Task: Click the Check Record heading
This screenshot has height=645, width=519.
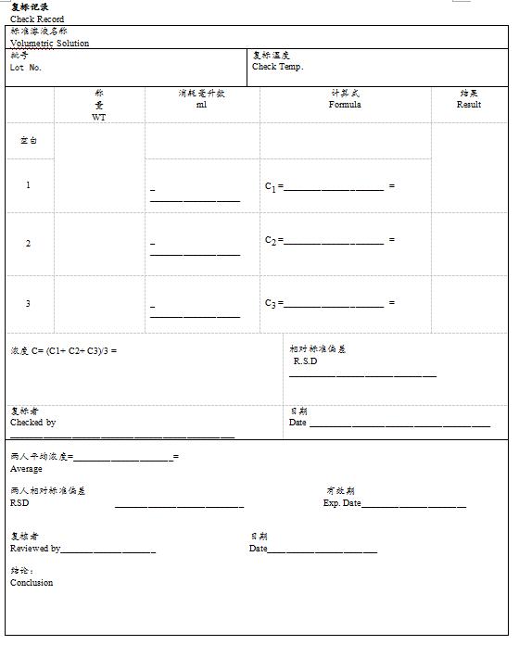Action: tap(37, 19)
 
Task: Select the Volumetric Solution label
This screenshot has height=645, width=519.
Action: tap(50, 44)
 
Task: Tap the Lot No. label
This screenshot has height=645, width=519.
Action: tap(26, 68)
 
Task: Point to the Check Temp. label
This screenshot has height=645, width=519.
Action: tap(277, 67)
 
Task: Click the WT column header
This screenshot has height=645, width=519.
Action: tap(99, 118)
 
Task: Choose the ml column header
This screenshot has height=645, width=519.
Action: tap(201, 105)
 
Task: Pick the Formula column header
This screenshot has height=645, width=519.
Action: tap(345, 105)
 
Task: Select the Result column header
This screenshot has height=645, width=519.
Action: tap(469, 105)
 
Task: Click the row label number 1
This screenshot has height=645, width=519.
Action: tap(28, 185)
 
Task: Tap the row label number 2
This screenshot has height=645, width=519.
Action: tap(28, 244)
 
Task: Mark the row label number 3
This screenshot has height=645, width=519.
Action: tap(28, 304)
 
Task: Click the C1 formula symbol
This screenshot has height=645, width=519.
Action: tap(271, 186)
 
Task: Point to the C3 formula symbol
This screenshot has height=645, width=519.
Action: tap(271, 303)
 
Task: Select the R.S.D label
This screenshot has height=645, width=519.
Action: tap(305, 361)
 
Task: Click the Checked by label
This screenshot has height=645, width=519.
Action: tap(32, 423)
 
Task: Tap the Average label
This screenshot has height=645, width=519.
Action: tap(26, 469)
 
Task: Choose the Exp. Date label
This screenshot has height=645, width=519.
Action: tap(341, 503)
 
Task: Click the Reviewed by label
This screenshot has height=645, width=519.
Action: tap(35, 549)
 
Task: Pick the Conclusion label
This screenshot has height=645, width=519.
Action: tap(32, 583)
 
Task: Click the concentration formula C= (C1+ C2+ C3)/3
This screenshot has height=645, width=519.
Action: tap(64, 351)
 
